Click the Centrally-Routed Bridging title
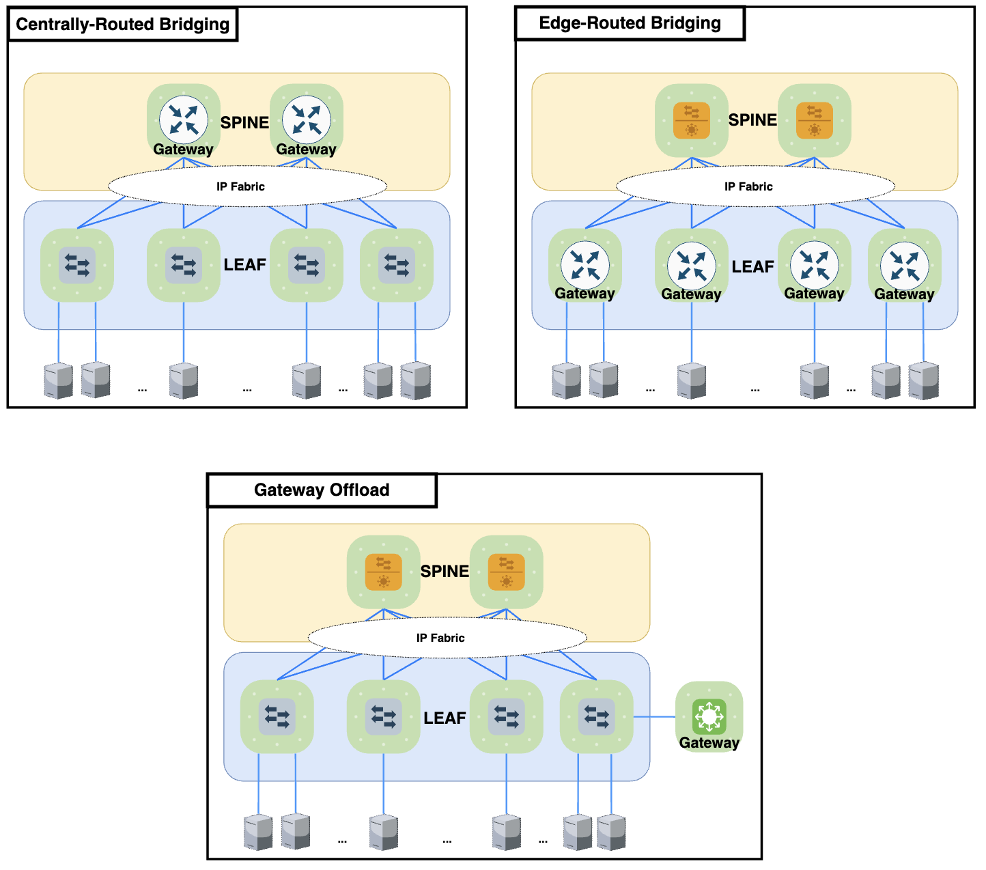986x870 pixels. pyautogui.click(x=122, y=25)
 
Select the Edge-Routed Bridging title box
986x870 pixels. pyautogui.click(x=629, y=23)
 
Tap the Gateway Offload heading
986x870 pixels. pyautogui.click(x=321, y=490)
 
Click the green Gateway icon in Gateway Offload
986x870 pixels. pyautogui.click(x=709, y=716)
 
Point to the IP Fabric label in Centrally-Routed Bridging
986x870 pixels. pyautogui.click(x=240, y=186)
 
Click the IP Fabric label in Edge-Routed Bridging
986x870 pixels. pyautogui.click(x=748, y=186)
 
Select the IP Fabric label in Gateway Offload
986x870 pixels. pyautogui.click(x=440, y=638)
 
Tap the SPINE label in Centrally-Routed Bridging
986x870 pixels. pyautogui.click(x=244, y=123)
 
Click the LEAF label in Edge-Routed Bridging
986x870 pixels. pyautogui.click(x=752, y=267)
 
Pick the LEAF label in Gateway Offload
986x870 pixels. pyautogui.click(x=445, y=718)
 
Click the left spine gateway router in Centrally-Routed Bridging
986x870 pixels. pyautogui.click(x=183, y=120)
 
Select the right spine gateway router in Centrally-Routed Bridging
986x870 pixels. pyautogui.click(x=306, y=120)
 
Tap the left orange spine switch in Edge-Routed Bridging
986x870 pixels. pyautogui.click(x=691, y=120)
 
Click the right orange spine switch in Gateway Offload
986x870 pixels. pyautogui.click(x=506, y=572)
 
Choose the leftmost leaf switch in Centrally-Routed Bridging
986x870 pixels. pyautogui.click(x=77, y=264)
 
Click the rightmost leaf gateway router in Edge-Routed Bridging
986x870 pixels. pyautogui.click(x=904, y=266)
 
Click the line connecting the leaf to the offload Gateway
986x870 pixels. pyautogui.click(x=654, y=716)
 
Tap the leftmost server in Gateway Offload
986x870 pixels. pyautogui.click(x=258, y=832)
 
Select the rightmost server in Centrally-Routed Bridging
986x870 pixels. pyautogui.click(x=415, y=380)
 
